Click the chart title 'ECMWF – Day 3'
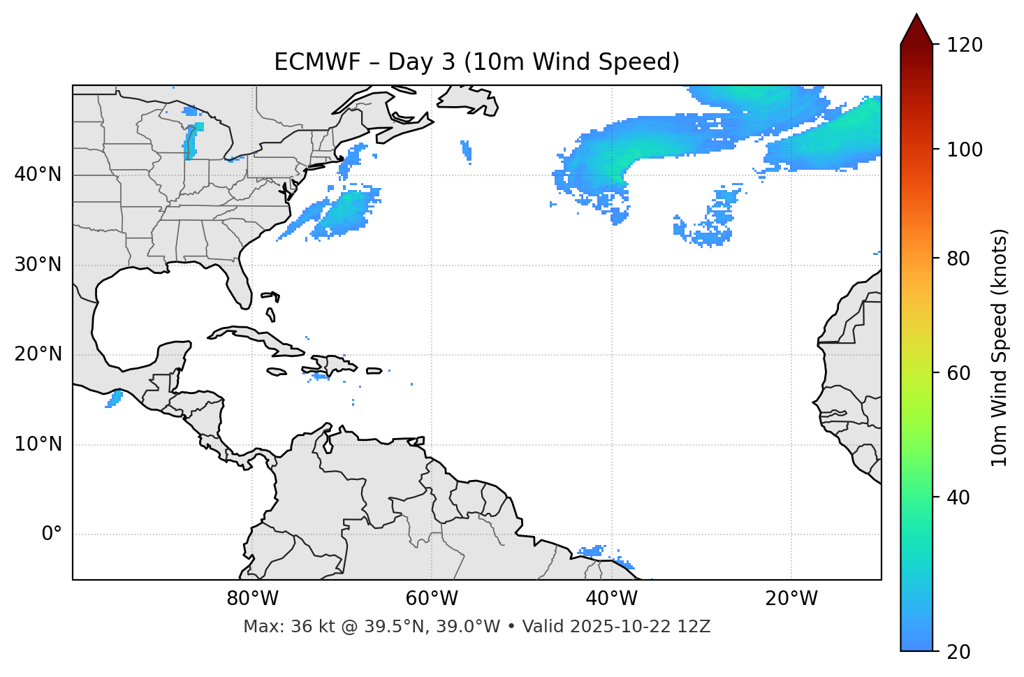point(476,62)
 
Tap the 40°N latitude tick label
point(38,175)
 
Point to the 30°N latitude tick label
point(38,265)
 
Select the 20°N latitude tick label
point(38,354)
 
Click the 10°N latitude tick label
point(38,444)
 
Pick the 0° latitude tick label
point(52,534)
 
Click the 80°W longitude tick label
point(252,598)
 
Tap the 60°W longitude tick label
point(432,598)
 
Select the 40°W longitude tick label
point(611,598)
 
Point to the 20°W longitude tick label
point(791,598)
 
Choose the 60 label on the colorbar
point(958,373)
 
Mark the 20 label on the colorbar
point(958,652)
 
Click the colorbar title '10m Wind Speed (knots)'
point(1000,347)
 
